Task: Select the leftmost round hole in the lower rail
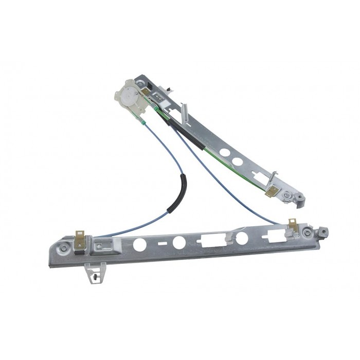(x=139, y=244)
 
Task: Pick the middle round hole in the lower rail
(x=179, y=242)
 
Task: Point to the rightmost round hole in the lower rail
(x=242, y=238)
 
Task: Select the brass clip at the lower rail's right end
(x=292, y=227)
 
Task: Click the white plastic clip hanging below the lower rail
(x=95, y=271)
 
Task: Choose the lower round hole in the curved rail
(x=238, y=161)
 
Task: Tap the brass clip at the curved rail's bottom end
(x=272, y=193)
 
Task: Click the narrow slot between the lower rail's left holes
(x=160, y=243)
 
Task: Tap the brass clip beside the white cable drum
(x=146, y=92)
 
